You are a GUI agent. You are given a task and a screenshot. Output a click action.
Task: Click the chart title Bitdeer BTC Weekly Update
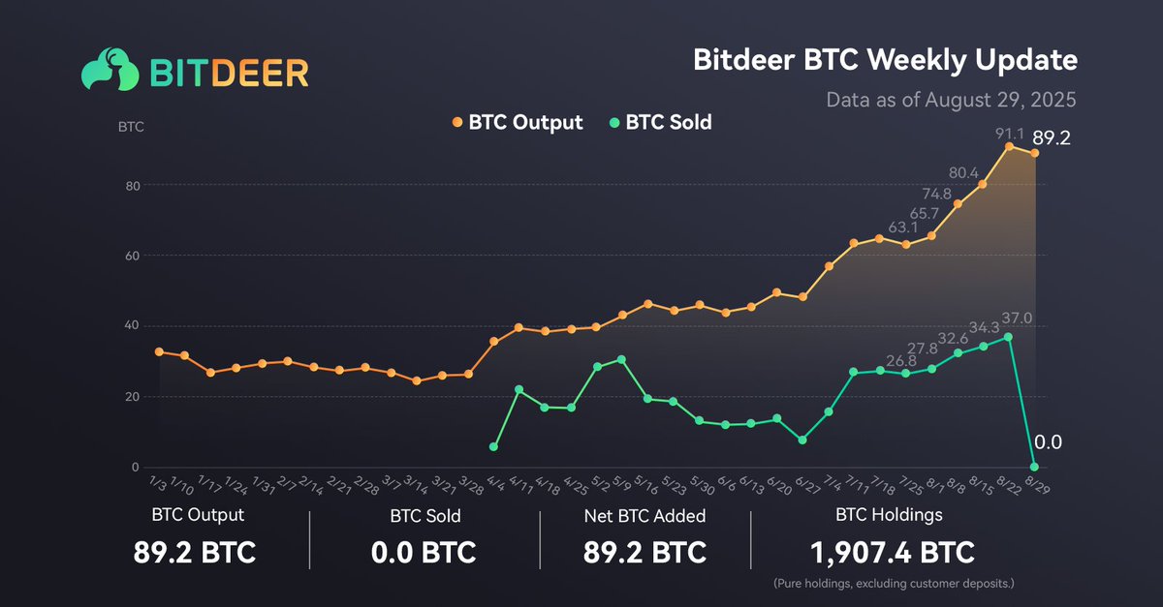(x=885, y=60)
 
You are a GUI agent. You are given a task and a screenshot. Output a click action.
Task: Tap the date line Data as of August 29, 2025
(x=952, y=100)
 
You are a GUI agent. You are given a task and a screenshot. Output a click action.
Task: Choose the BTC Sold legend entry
(x=659, y=123)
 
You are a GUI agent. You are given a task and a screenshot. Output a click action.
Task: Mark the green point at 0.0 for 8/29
(x=1035, y=467)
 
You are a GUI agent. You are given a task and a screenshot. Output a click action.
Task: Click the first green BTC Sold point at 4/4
(x=494, y=446)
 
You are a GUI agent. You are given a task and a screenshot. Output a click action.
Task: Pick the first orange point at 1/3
(x=159, y=352)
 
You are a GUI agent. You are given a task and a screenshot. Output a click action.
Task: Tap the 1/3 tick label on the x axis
(x=156, y=481)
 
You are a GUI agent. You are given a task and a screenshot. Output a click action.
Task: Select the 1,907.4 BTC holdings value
(x=892, y=553)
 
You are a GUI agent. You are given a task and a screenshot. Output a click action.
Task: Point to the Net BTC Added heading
(x=644, y=515)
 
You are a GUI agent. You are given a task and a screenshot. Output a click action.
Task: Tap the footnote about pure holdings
(x=892, y=585)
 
